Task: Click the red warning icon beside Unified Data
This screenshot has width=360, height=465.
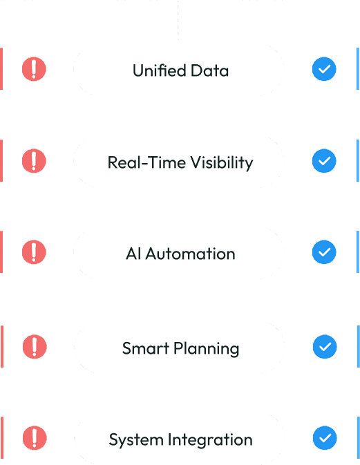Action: coord(34,69)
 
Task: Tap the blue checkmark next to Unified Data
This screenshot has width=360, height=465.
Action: coord(324,69)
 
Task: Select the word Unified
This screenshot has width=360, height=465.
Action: coord(159,70)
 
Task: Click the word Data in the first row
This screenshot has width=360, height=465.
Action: coord(209,70)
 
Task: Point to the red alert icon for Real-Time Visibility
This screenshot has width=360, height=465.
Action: coord(34,161)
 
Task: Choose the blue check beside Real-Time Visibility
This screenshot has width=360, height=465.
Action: coord(324,161)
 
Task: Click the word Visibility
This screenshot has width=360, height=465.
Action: coord(222,163)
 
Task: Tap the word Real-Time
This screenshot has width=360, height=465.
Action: coord(146,162)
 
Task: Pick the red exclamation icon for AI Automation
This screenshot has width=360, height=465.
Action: coord(34,252)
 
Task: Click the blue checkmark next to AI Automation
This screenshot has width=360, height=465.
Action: coord(324,252)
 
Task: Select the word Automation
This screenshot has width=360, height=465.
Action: coord(190,254)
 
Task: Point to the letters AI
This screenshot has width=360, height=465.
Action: coord(133,254)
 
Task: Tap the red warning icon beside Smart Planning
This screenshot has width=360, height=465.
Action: coord(35,347)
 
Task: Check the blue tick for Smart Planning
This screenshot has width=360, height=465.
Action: coord(325,347)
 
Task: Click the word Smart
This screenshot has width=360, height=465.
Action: coord(146,348)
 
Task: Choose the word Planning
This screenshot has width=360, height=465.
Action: coord(207,349)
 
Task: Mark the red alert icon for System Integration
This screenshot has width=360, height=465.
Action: coord(35,438)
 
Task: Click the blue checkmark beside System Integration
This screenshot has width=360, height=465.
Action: coord(325,438)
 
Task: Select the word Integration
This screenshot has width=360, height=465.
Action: coord(210,440)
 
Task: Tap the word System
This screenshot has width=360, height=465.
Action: coord(136,440)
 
